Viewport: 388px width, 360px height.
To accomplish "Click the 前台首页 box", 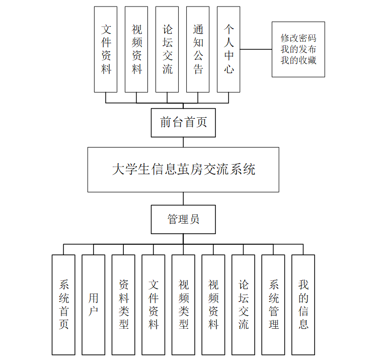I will [x=183, y=122].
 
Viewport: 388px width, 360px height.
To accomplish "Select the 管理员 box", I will [x=183, y=219].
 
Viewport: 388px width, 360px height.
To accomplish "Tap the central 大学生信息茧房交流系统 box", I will [x=183, y=169].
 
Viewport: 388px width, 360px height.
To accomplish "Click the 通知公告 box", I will [x=198, y=49].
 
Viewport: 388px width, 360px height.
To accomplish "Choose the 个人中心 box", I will [x=228, y=49].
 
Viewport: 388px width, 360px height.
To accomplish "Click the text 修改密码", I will [x=298, y=38].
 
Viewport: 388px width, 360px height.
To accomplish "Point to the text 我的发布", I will [x=298, y=49].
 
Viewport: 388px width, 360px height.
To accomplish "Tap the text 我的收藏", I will [x=298, y=60].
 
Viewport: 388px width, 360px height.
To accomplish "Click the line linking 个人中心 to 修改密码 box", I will [x=256, y=49].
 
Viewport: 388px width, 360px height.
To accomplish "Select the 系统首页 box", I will [x=63, y=304].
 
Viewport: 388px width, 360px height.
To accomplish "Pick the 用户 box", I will [x=94, y=304].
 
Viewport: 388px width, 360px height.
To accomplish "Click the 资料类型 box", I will [x=123, y=304].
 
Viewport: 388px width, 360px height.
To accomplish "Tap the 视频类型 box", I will [x=183, y=304].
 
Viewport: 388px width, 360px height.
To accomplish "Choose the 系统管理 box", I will [x=273, y=304].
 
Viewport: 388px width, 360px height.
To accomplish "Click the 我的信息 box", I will [x=303, y=304].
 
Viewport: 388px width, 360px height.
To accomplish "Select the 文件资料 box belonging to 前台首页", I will [x=106, y=49].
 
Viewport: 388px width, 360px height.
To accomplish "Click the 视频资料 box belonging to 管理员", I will [x=213, y=304].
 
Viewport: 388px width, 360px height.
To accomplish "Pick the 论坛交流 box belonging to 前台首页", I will [x=167, y=49].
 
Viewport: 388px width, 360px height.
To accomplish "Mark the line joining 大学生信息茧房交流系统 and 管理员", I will [x=183, y=198].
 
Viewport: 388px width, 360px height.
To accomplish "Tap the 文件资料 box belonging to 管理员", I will [x=153, y=304].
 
